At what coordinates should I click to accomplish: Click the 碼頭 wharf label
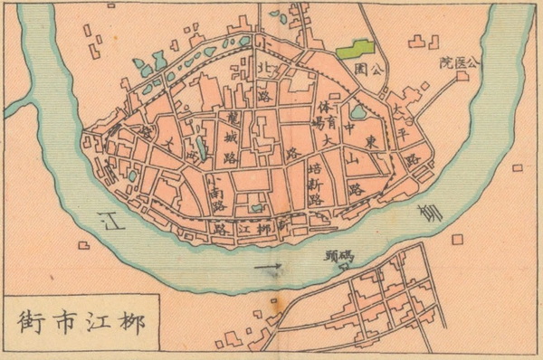point(339,256)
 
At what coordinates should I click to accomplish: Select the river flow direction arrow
point(269,267)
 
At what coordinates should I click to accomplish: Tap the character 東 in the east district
point(372,142)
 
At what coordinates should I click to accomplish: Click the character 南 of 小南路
point(220,191)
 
